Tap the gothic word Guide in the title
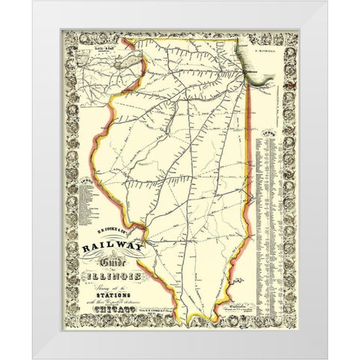[x=119, y=268]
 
